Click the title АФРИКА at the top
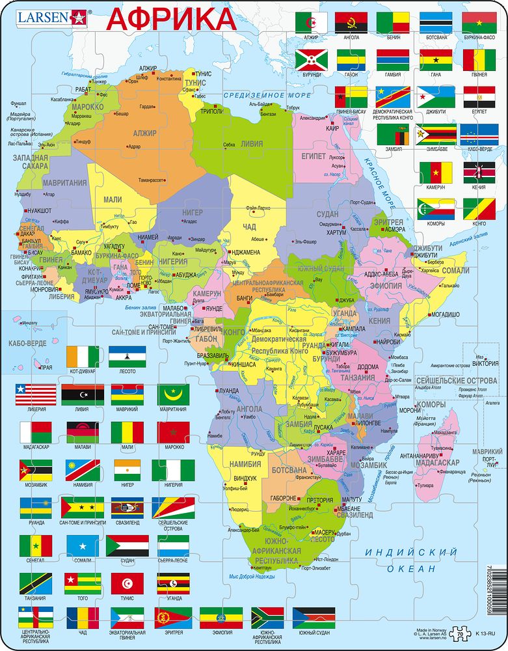tap(170, 18)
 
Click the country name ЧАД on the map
tap(249, 227)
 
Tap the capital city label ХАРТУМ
tap(336, 232)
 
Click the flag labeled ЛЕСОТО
tap(127, 357)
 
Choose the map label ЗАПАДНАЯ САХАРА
tap(30, 161)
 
